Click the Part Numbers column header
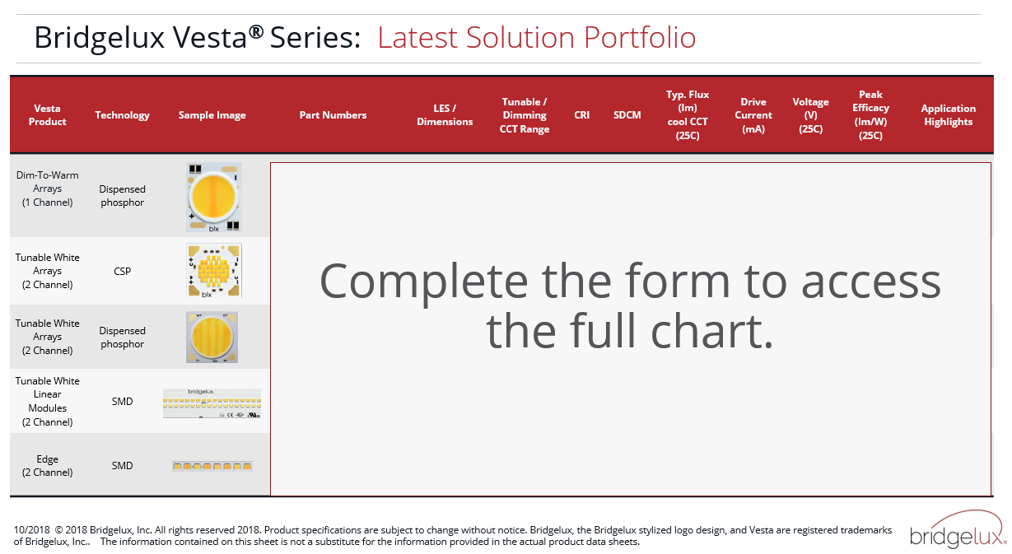333,115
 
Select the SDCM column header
627,115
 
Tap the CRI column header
581,115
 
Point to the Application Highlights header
948,115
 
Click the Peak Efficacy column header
870,115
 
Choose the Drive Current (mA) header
753,115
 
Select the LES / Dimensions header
445,115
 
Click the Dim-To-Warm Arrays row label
48,189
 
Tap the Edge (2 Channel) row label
48,465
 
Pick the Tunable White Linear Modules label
48,402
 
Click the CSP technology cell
122,272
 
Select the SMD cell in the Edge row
122,465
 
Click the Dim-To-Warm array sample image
214,198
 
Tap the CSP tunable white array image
214,271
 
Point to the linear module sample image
212,403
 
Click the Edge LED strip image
212,466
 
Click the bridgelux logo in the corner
958,529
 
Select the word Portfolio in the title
639,37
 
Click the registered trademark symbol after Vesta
256,31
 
